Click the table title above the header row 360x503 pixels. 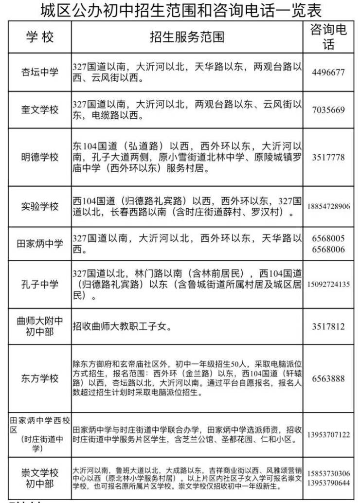pyautogui.click(x=180, y=10)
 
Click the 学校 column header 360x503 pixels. pyautogui.click(x=40, y=37)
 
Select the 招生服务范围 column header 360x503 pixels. pyautogui.click(x=187, y=37)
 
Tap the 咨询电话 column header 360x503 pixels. pyautogui.click(x=329, y=37)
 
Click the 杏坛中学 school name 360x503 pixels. pyautogui.click(x=40, y=72)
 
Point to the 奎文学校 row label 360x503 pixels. pyautogui.click(x=40, y=109)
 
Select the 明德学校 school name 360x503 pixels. pyautogui.click(x=40, y=157)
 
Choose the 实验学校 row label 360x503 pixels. pyautogui.click(x=40, y=206)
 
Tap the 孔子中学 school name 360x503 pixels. pyautogui.click(x=40, y=284)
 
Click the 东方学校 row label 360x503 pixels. pyautogui.click(x=40, y=378)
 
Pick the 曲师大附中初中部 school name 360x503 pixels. pyautogui.click(x=40, y=326)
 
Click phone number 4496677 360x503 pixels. pyautogui.click(x=329, y=72)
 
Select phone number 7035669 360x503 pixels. pyautogui.click(x=329, y=110)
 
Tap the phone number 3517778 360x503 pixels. pyautogui.click(x=329, y=158)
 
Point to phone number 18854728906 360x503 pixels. pyautogui.click(x=329, y=207)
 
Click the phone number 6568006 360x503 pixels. pyautogui.click(x=329, y=250)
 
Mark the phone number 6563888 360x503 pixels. pyautogui.click(x=329, y=379)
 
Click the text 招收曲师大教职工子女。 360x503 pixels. pyautogui.click(x=122, y=326)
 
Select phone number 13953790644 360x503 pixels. pyautogui.click(x=329, y=482)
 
